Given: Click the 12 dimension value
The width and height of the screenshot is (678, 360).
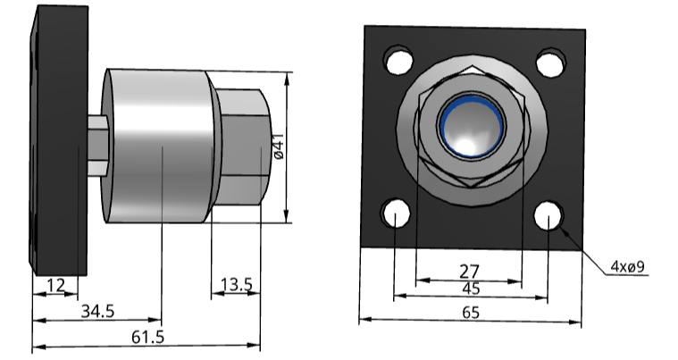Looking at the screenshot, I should tap(56, 285).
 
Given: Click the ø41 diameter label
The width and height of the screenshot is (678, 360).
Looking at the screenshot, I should tap(278, 146).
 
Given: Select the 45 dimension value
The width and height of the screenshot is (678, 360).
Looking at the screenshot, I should tap(469, 289).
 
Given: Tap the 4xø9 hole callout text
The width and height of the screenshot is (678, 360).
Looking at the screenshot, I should tap(630, 266).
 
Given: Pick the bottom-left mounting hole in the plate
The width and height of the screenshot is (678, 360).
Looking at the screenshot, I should tap(394, 214).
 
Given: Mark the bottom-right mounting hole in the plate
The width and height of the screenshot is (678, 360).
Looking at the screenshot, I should tap(548, 216).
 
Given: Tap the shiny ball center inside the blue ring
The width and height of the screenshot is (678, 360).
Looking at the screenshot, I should tap(472, 130).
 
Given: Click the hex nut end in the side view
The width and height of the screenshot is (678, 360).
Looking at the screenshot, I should tap(241, 145).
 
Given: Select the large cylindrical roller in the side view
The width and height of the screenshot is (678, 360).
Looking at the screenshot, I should tap(161, 145).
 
